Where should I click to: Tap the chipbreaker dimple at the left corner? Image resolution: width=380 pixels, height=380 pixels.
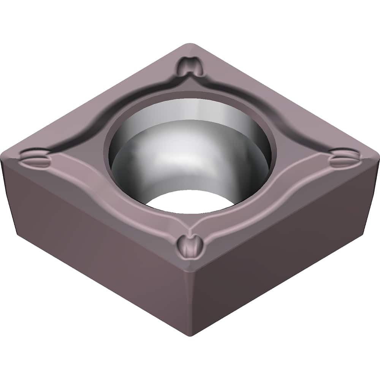(35, 158)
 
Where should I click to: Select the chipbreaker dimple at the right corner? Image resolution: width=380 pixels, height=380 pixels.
(344, 158)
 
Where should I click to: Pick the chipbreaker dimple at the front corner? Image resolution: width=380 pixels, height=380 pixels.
(189, 245)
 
